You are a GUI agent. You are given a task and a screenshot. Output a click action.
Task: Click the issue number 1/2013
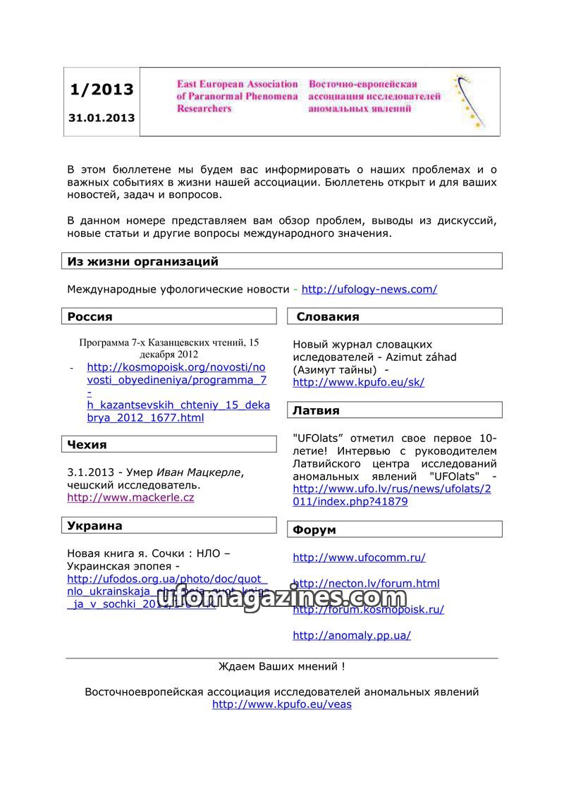(102, 90)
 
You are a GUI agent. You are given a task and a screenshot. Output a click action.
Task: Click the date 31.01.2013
(102, 118)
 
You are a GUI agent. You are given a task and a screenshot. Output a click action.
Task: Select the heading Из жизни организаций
(143, 262)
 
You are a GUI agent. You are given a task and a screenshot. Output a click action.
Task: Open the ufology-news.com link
(369, 289)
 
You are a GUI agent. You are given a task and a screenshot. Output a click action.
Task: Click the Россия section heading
(90, 317)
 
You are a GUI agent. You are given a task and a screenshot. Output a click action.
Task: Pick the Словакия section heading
(328, 317)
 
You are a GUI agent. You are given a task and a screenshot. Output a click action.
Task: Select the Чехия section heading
(87, 444)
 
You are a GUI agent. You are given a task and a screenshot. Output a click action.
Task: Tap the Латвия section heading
(317, 410)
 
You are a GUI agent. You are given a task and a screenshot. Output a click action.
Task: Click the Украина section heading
(95, 525)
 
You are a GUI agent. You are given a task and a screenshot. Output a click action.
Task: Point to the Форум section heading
(314, 529)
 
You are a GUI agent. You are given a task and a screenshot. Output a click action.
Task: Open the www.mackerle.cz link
(130, 498)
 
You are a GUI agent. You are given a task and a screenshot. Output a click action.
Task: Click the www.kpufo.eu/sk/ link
(358, 383)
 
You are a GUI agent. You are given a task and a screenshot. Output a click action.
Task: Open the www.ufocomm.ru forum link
(359, 558)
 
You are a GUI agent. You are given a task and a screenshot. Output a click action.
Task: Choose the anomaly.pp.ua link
(352, 635)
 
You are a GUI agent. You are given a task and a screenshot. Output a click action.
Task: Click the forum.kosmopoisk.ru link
(368, 610)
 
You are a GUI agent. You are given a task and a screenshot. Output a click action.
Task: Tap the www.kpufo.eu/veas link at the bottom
(281, 704)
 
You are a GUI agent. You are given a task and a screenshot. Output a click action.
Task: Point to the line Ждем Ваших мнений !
(281, 666)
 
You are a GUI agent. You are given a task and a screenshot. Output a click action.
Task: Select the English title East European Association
(238, 84)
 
